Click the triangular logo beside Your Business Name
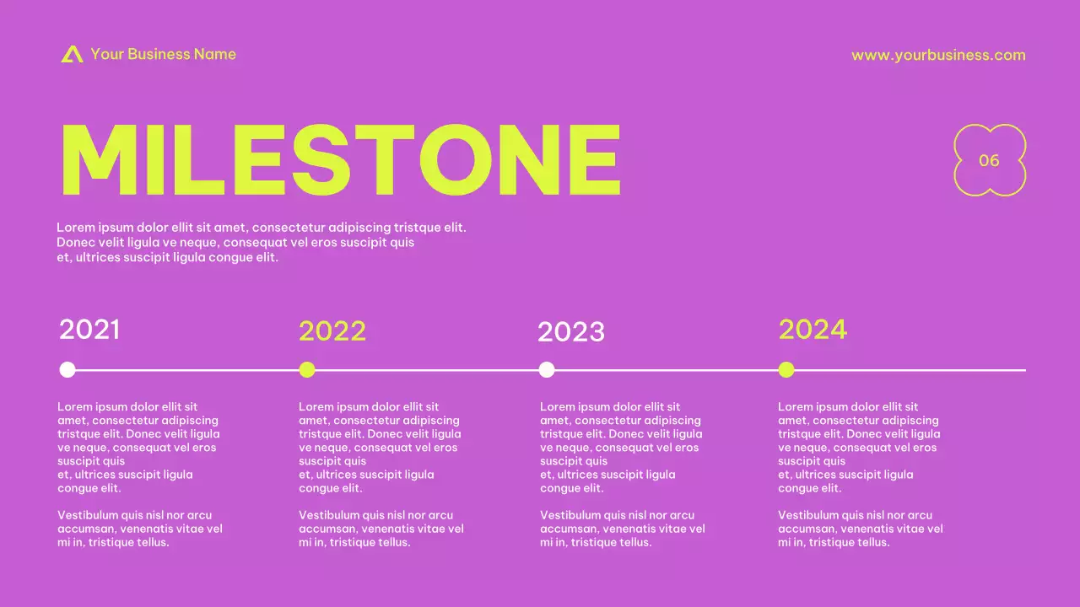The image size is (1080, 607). coord(72,54)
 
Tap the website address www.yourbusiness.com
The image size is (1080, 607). coord(938,55)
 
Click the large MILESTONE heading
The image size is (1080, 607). coord(340,160)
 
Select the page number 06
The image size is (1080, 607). coord(989,160)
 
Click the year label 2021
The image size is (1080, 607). coord(89,329)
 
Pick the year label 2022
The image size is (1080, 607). coord(332,331)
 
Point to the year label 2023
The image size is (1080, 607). coord(571,332)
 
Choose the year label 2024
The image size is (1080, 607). coord(813,329)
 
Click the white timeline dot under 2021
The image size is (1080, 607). coord(67,369)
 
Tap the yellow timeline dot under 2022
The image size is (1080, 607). coord(307,369)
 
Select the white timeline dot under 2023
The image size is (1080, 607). coord(547,369)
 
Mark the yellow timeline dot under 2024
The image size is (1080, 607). coord(786,369)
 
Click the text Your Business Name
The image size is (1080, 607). coord(163,54)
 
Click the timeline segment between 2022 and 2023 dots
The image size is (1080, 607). coord(427,369)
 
